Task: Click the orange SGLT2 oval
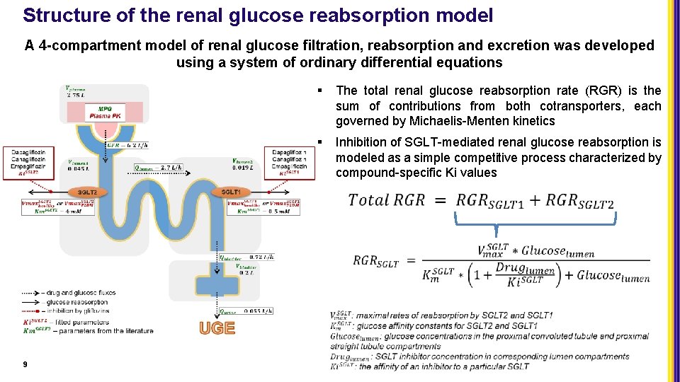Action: (87, 192)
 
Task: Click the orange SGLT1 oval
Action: (231, 192)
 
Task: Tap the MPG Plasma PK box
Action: (105, 112)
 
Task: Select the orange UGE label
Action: (217, 328)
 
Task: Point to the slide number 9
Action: (25, 364)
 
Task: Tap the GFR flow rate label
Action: (128, 146)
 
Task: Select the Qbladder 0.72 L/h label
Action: (246, 257)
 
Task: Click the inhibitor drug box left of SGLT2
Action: (29, 162)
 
